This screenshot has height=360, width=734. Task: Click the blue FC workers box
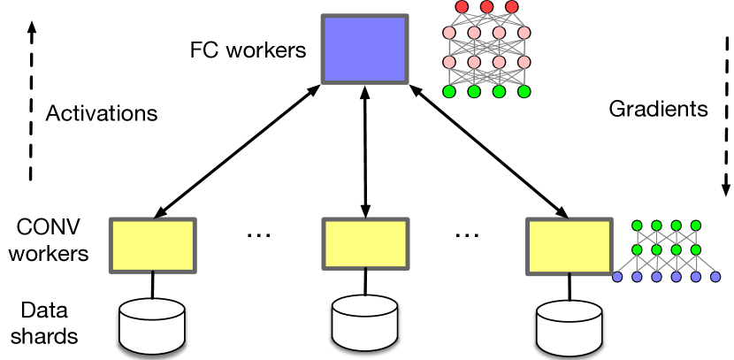363,50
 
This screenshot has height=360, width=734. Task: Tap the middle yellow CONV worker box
363,245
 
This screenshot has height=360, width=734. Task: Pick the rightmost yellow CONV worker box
570,245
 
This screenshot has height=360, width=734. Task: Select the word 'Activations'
102,114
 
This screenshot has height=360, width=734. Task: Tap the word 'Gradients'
659,110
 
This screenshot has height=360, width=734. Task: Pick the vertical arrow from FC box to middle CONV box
363,150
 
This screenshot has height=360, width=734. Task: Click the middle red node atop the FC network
487,7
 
